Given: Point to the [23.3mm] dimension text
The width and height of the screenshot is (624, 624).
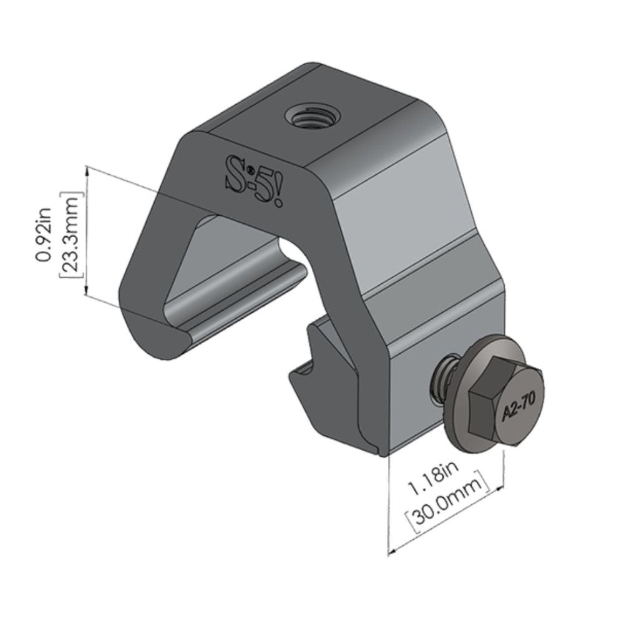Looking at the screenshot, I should (70, 233).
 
